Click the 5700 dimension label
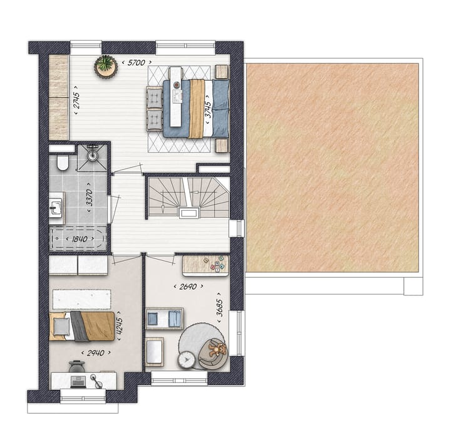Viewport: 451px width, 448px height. coord(136,63)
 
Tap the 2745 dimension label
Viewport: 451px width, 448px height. coord(75,100)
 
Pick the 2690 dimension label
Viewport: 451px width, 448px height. coord(188,287)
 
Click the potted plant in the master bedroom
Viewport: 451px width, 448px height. coord(106,66)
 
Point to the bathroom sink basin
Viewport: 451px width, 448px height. coord(56,207)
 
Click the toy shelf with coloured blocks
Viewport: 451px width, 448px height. coord(205,265)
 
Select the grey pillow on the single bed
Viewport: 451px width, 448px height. coord(61,326)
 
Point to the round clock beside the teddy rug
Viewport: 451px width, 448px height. coord(186,360)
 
